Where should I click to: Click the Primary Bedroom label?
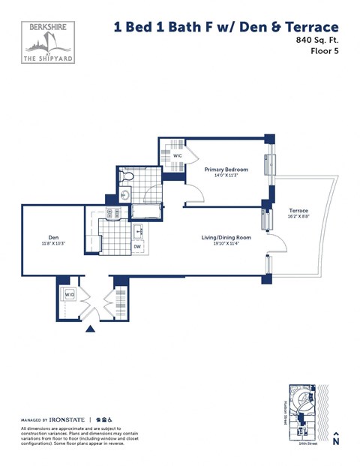226,170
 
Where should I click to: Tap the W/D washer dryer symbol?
68,295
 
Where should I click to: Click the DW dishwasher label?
137,245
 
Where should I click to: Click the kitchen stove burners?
112,215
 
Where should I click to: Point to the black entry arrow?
91,328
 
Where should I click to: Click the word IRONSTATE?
69,419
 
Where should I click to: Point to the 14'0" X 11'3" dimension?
226,176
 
